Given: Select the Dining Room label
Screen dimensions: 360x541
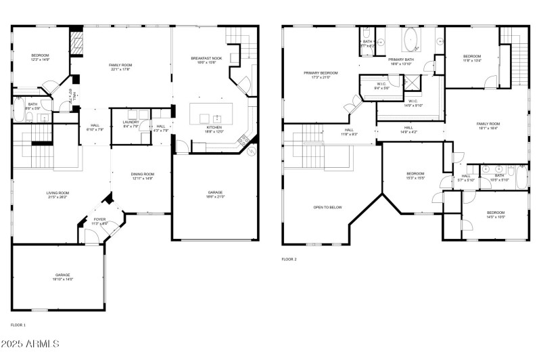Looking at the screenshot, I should [x=142, y=176].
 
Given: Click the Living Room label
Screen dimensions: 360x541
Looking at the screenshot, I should [x=57, y=195].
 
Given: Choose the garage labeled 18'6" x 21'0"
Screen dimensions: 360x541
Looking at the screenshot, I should [x=215, y=195].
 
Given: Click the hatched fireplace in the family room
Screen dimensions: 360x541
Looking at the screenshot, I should [x=76, y=44].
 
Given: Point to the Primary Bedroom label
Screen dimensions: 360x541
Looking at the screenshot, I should [x=321, y=74].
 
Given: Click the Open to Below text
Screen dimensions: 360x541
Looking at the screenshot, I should [x=327, y=207].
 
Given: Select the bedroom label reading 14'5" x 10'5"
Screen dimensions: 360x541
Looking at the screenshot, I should [x=496, y=215].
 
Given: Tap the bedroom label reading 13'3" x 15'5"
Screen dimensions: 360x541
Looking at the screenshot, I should [x=415, y=175].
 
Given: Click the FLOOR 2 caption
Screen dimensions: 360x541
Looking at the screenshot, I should [x=289, y=259].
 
